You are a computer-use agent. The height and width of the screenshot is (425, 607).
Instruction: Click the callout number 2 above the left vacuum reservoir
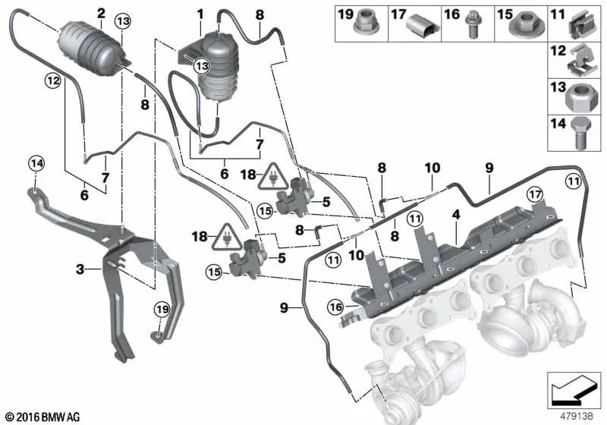coord(101,14)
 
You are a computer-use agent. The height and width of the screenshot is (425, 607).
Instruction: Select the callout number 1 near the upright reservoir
coord(200,15)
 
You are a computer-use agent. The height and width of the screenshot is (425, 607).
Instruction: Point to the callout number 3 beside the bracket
coord(80,269)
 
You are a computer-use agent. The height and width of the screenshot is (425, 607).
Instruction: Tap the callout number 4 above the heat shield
coord(457,215)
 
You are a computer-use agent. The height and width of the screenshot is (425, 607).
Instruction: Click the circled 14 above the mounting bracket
coord(37,164)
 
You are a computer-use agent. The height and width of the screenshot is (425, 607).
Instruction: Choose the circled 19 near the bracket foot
coord(162,310)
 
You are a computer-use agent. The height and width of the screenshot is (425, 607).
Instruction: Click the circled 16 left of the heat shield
coord(335,307)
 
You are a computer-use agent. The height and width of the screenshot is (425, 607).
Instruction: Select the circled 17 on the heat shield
coord(536,194)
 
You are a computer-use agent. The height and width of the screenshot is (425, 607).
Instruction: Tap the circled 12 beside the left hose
coord(53,81)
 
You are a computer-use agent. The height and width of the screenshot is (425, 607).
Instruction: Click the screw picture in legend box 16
coord(472,25)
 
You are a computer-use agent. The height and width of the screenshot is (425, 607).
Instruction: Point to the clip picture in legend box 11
coord(582,27)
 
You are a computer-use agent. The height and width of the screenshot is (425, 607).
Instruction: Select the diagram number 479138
coord(577,416)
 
